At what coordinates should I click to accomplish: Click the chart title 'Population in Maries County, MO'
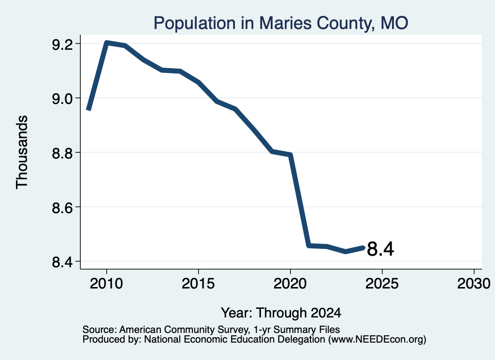coord(281,24)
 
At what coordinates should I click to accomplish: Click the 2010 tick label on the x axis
coord(106,284)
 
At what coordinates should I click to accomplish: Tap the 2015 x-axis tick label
coord(198,284)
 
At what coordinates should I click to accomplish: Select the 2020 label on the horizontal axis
coord(290,284)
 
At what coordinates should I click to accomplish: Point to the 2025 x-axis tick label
coord(382,284)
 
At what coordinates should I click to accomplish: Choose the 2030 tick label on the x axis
coord(474,284)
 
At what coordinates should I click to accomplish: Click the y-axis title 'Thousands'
coord(22,152)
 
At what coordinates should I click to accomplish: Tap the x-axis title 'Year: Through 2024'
coord(281,313)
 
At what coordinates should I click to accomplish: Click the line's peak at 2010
coord(107,43)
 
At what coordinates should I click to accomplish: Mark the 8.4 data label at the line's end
coord(380,249)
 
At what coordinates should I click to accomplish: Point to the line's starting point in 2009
coord(89,110)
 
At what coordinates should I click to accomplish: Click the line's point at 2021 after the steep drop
coord(309,245)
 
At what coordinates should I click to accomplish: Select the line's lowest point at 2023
coord(346,251)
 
